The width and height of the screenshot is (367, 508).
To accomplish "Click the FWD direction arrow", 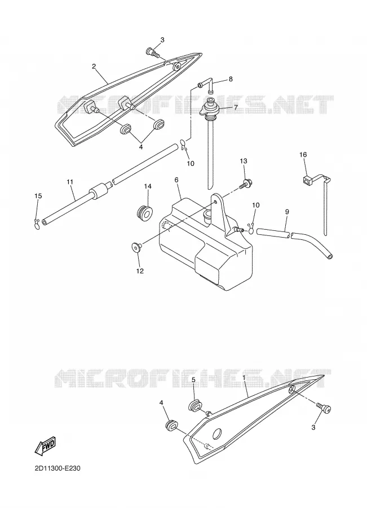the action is click(45, 445).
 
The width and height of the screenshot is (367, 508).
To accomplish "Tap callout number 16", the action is click(303, 155).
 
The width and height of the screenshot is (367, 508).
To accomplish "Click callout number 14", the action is click(148, 186).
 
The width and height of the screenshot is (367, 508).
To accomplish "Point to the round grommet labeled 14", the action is click(144, 213).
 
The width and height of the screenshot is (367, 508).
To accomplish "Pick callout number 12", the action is click(140, 271).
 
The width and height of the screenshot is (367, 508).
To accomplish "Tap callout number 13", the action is click(244, 161).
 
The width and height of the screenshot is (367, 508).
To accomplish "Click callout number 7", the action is click(236, 107).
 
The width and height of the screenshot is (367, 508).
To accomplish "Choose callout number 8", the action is click(231, 78).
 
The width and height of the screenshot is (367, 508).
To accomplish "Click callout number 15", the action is click(38, 196).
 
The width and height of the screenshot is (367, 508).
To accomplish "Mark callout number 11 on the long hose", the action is click(70, 182).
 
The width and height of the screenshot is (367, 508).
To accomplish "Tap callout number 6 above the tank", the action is click(176, 179).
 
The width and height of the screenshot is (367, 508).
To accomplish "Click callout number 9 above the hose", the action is click(287, 212).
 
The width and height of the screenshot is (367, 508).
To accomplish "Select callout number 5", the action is click(193, 379).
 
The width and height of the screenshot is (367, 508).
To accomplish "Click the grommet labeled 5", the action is click(196, 406).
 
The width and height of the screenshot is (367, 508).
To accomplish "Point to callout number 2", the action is click(94, 67).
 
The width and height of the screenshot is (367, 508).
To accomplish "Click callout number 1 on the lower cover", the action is click(244, 378).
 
